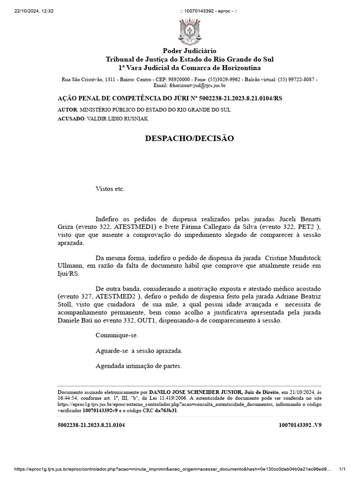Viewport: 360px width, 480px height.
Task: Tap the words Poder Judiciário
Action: point(189,51)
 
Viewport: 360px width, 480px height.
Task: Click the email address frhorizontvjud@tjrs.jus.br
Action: point(190,86)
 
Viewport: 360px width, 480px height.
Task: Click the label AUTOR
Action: point(67,109)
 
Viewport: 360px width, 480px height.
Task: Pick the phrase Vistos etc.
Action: point(110,189)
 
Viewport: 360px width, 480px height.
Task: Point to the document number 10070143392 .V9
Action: point(300,425)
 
